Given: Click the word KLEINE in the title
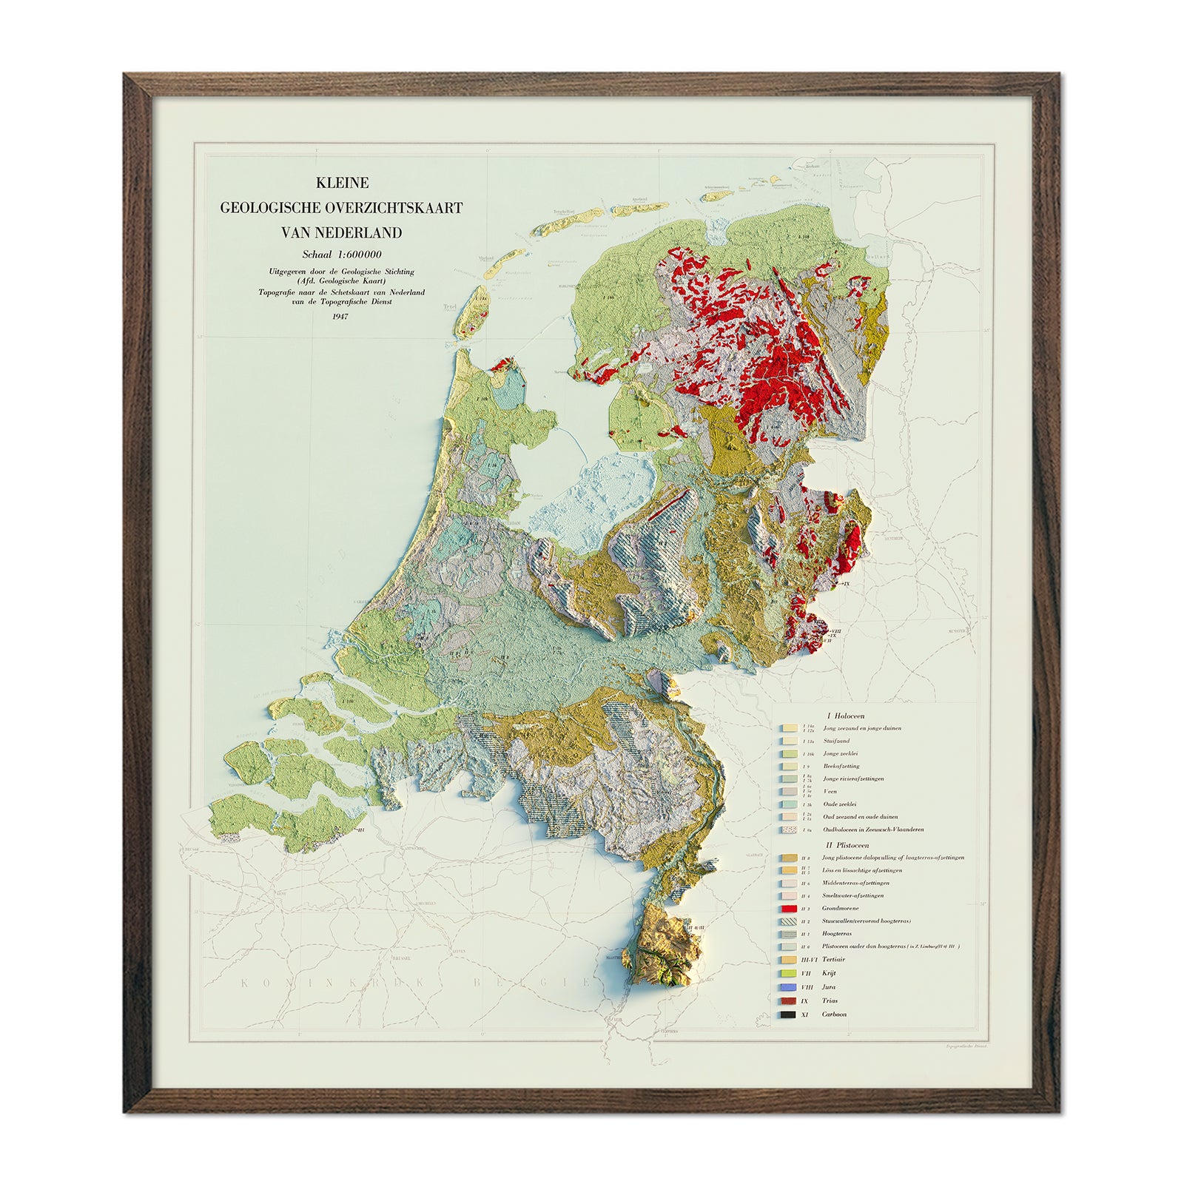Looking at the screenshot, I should click(x=342, y=183).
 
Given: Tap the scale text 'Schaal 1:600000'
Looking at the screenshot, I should click(x=342, y=255).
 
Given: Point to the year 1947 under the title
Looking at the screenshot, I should click(x=340, y=317).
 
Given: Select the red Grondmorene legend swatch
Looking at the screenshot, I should click(x=788, y=909).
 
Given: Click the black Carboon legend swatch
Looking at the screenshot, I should click(x=788, y=1015).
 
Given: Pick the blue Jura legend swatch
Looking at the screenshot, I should click(x=788, y=987).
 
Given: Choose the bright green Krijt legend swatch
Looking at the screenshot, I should click(x=788, y=973).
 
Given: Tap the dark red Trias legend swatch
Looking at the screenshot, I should click(x=788, y=1001).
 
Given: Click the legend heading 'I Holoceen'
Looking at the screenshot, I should click(x=845, y=716).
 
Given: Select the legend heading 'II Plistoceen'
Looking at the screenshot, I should click(x=847, y=845).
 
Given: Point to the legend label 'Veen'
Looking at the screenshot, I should click(x=830, y=792).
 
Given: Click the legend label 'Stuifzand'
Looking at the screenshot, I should click(x=836, y=741).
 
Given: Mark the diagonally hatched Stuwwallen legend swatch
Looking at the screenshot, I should click(x=788, y=921).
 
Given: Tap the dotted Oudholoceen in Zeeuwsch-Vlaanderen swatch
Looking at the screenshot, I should click(x=788, y=830).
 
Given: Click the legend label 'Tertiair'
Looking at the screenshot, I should click(x=833, y=960).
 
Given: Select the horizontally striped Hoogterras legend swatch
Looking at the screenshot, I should click(x=788, y=934).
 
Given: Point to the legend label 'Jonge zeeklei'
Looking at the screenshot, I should click(x=841, y=753).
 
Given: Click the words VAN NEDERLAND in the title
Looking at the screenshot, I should click(x=342, y=232).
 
